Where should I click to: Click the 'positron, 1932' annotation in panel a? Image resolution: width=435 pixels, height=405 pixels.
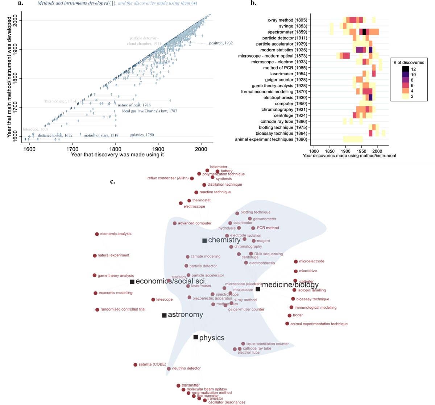point(221,43)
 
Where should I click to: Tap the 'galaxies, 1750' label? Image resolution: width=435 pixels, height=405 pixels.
point(142,135)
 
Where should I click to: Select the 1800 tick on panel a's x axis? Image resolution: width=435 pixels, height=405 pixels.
point(115,149)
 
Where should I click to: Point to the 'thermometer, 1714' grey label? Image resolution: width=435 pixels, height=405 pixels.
point(61,101)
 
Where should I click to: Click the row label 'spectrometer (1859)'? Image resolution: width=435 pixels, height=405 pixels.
point(287,32)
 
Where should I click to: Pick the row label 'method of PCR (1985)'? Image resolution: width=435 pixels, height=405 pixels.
point(285,68)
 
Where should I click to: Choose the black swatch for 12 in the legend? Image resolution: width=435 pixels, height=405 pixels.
point(405,69)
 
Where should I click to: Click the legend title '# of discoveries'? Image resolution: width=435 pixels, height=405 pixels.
point(409,62)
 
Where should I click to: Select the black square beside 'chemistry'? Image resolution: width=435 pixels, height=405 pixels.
point(204,241)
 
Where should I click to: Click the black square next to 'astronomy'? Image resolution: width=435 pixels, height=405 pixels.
point(164,315)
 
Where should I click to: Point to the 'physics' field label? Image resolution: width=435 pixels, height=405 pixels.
point(212,338)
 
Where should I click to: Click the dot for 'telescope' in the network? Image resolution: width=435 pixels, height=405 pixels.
point(153,300)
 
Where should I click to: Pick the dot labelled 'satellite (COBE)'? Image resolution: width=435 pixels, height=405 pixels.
point(135,365)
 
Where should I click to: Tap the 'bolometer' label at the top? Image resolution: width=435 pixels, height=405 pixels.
point(219,167)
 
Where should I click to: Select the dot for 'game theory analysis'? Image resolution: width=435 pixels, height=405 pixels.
point(95,275)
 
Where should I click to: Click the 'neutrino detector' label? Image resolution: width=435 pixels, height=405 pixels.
point(186,368)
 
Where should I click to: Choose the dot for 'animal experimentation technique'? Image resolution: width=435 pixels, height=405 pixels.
point(287,324)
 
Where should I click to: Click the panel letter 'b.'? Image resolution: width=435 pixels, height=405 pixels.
point(253,3)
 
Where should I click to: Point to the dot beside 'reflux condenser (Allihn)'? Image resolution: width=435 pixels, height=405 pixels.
point(192,178)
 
